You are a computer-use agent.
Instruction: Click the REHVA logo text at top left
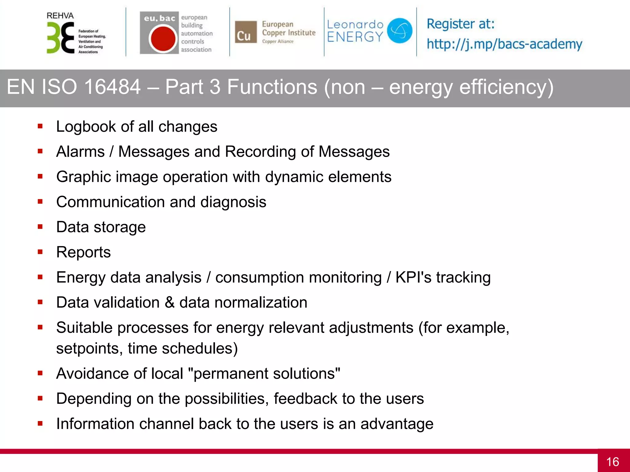60,16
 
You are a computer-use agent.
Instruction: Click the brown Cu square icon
245,32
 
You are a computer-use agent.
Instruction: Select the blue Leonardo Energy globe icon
399,30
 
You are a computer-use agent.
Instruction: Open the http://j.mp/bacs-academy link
504,44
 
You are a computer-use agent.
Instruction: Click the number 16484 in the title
112,87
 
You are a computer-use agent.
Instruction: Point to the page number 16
612,462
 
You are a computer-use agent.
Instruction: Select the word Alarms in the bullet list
81,152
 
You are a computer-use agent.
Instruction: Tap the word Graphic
83,177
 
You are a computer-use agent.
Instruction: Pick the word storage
119,227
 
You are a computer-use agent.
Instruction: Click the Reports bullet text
83,253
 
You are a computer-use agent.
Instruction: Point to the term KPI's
413,277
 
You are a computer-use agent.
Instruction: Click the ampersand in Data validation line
169,303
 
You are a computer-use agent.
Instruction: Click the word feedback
305,399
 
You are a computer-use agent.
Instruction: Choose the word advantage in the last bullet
397,424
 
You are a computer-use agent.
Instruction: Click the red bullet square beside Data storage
40,227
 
